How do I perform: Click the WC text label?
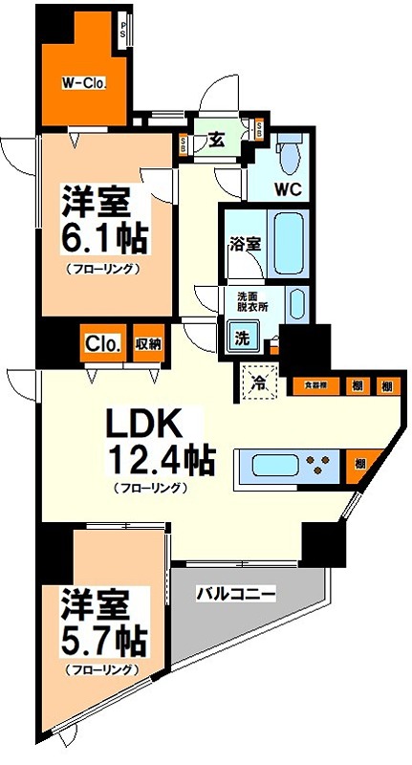tap(289, 188)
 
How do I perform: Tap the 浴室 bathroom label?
tap(244, 243)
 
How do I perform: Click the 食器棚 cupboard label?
tap(314, 385)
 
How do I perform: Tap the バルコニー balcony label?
tap(236, 593)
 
